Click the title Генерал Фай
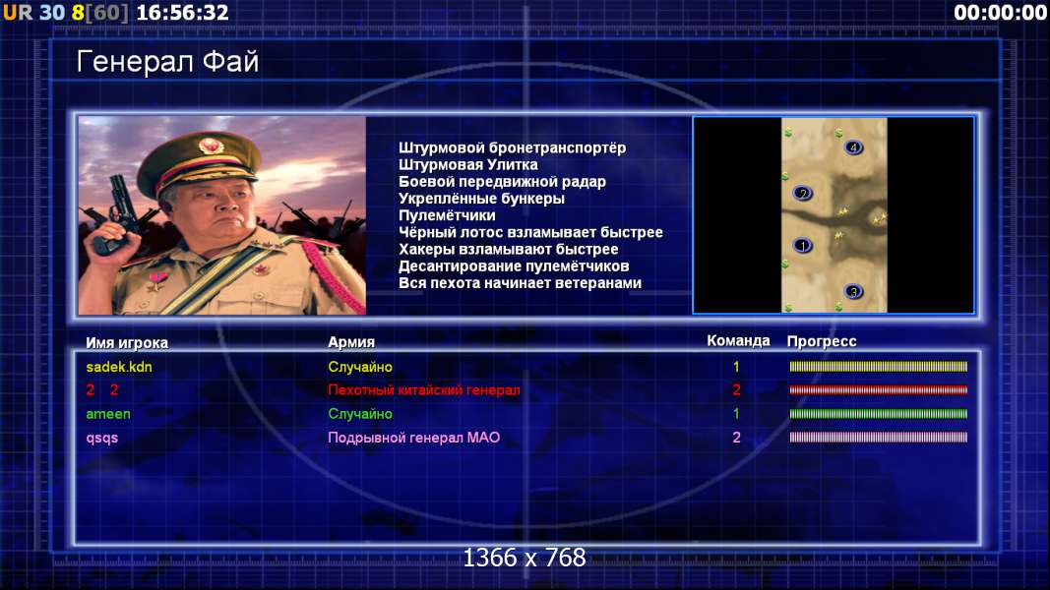[x=167, y=62]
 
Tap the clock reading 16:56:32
[x=182, y=13]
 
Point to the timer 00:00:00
[x=1000, y=13]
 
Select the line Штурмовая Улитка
[x=468, y=164]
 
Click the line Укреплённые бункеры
[x=481, y=199]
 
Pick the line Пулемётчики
[x=447, y=215]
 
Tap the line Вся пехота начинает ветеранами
[x=520, y=283]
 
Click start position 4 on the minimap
[x=853, y=147]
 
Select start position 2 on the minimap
[x=802, y=194]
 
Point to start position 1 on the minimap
[x=802, y=246]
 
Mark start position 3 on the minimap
[x=853, y=292]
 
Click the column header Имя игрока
[x=127, y=342]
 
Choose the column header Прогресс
[x=822, y=341]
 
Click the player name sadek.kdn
[x=119, y=367]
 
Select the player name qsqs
[x=101, y=439]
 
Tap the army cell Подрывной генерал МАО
[x=414, y=438]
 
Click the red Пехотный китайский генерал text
[x=424, y=390]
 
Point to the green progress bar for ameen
[x=879, y=414]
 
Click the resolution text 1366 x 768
[x=525, y=558]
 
